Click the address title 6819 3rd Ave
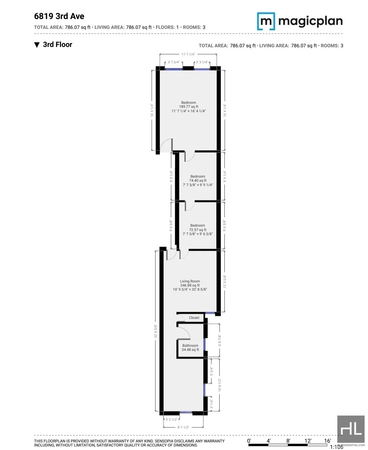(59, 16)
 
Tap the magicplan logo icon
(266, 21)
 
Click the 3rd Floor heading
(57, 45)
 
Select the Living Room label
(190, 281)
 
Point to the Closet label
(194, 318)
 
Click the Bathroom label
(190, 345)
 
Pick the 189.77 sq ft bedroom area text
(188, 107)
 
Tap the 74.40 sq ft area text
(198, 181)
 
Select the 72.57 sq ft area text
(198, 230)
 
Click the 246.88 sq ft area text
(190, 285)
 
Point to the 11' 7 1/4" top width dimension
(188, 54)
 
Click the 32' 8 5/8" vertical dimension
(156, 331)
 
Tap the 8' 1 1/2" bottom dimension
(183, 427)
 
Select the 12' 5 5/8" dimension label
(225, 282)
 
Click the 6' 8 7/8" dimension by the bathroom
(220, 340)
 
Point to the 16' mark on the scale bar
(327, 441)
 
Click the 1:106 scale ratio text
(336, 447)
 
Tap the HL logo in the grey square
(351, 429)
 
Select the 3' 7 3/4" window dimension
(173, 62)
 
